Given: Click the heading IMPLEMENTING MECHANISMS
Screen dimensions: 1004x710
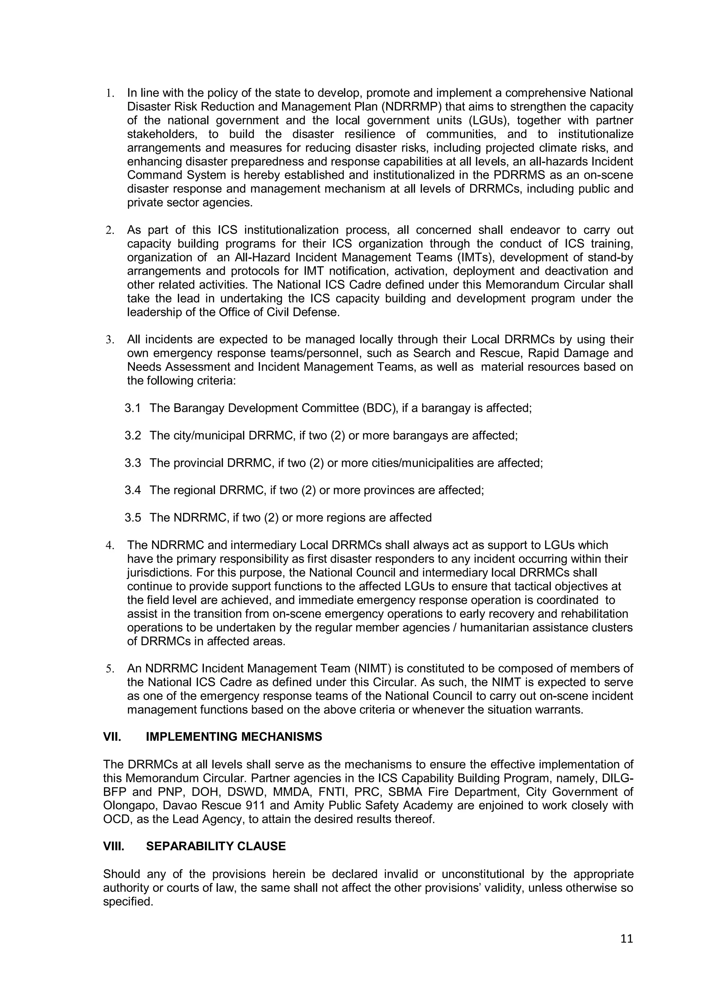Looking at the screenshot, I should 234,737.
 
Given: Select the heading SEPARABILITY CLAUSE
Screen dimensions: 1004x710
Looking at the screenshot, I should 216,846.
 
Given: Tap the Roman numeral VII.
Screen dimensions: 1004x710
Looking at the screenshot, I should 112,737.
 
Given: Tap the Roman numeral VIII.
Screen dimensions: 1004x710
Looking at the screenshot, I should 114,846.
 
